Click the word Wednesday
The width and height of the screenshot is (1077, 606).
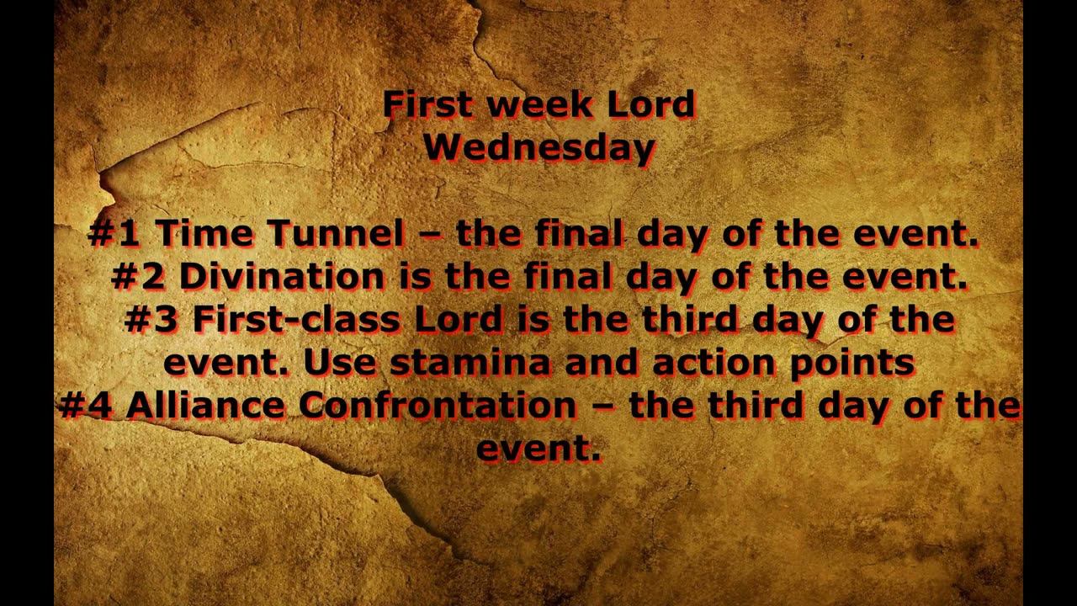point(539,148)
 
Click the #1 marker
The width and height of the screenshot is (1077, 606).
point(114,234)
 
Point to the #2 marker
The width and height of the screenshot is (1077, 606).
point(139,277)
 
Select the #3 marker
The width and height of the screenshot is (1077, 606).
point(151,320)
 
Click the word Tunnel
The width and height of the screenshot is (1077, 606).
point(335,234)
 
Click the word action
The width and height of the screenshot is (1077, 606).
point(631,363)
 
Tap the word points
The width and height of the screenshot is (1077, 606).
point(853,363)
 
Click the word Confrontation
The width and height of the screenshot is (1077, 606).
point(438,406)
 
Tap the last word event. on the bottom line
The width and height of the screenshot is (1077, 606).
point(538,449)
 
